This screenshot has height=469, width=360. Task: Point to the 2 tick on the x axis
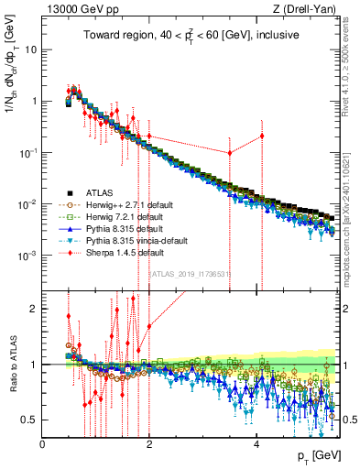point(149,443)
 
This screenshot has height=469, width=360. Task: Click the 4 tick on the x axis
point(256,443)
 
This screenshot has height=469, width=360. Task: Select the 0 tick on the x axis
point(43,443)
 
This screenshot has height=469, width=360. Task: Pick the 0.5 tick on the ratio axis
point(31,420)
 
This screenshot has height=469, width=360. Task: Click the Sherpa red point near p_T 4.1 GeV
point(262,136)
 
